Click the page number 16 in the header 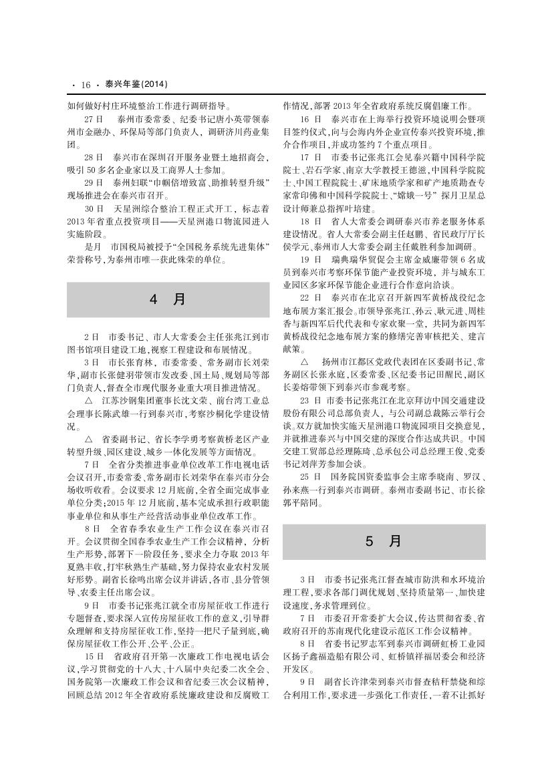[86, 85]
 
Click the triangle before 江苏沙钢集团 [90, 401]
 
